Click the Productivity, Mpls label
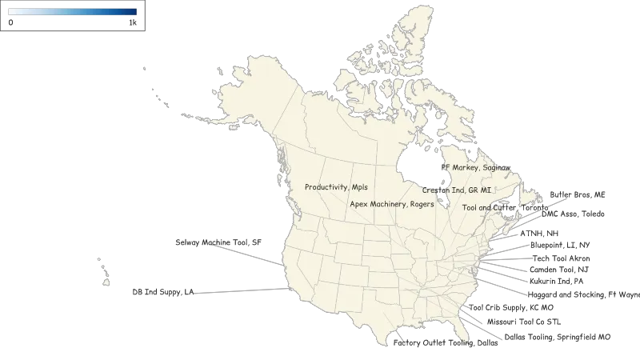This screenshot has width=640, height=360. pos(337,187)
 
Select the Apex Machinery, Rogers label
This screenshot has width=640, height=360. pos(392,204)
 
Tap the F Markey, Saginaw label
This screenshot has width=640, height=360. pos(480,168)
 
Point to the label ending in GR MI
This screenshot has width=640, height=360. pos(457,190)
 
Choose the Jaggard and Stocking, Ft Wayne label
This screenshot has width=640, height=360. pos(585,295)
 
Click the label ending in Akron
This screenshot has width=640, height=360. pos(563,258)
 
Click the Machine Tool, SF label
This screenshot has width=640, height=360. pos(218,242)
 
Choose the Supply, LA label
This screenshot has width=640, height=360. pos(160,292)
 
